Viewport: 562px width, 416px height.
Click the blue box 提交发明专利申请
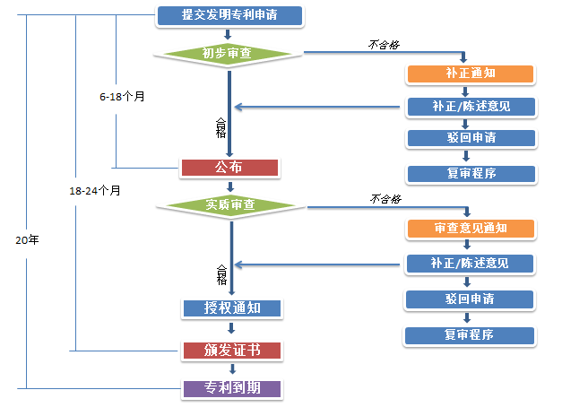(x=229, y=15)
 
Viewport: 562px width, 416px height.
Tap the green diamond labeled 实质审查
(x=230, y=205)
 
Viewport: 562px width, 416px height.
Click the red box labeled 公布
(x=230, y=167)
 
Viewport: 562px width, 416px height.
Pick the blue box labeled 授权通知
(x=232, y=308)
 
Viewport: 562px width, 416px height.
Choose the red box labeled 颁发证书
(x=232, y=350)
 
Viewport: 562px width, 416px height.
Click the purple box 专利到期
(x=232, y=389)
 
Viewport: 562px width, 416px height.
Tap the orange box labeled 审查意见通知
(x=471, y=228)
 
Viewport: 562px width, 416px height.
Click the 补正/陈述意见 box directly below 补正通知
(x=471, y=107)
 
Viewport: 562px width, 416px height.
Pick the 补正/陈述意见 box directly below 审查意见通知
(x=471, y=264)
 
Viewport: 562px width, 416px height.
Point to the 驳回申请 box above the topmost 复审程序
(x=471, y=138)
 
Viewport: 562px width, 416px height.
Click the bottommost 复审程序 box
(x=471, y=334)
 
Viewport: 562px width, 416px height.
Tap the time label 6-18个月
(x=122, y=95)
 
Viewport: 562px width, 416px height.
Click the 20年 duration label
(x=28, y=241)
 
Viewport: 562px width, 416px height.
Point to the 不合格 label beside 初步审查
(x=384, y=43)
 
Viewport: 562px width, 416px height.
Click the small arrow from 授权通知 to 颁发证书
(x=231, y=329)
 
